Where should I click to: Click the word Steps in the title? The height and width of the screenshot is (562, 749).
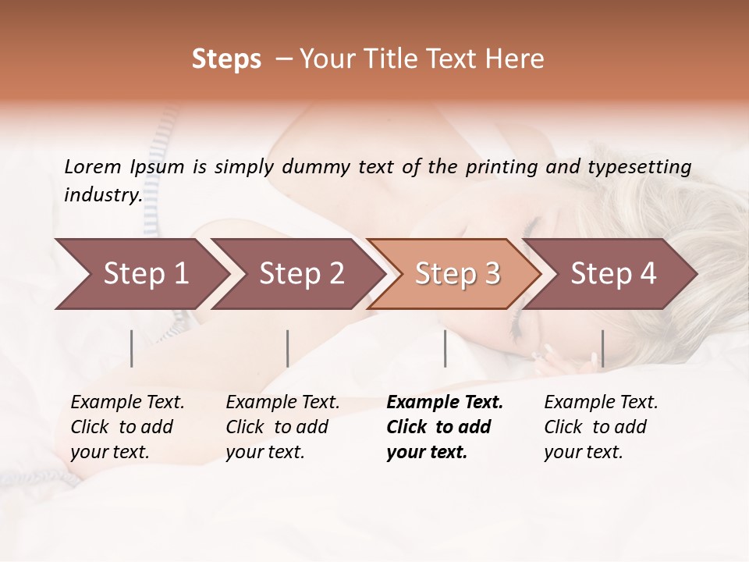tap(226, 59)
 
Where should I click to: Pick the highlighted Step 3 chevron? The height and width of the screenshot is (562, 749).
tap(456, 274)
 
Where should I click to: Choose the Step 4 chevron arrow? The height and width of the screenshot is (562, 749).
tap(612, 274)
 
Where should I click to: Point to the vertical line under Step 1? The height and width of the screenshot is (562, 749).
tap(132, 348)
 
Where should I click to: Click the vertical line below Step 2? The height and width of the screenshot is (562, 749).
tap(288, 348)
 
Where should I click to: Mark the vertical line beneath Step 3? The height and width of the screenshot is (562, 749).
tap(445, 348)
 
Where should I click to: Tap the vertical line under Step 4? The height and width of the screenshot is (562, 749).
tap(602, 348)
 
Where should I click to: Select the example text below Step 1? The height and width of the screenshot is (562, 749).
tap(127, 427)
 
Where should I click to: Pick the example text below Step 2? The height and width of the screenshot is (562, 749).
tap(282, 427)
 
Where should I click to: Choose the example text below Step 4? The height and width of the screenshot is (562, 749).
tap(601, 427)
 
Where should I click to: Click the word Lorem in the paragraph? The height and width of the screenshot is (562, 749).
tap(92, 167)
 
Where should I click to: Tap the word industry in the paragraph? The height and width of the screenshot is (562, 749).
tap(102, 195)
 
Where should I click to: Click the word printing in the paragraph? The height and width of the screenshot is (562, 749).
tap(502, 167)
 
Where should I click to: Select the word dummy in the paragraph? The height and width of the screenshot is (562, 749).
tap(316, 167)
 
